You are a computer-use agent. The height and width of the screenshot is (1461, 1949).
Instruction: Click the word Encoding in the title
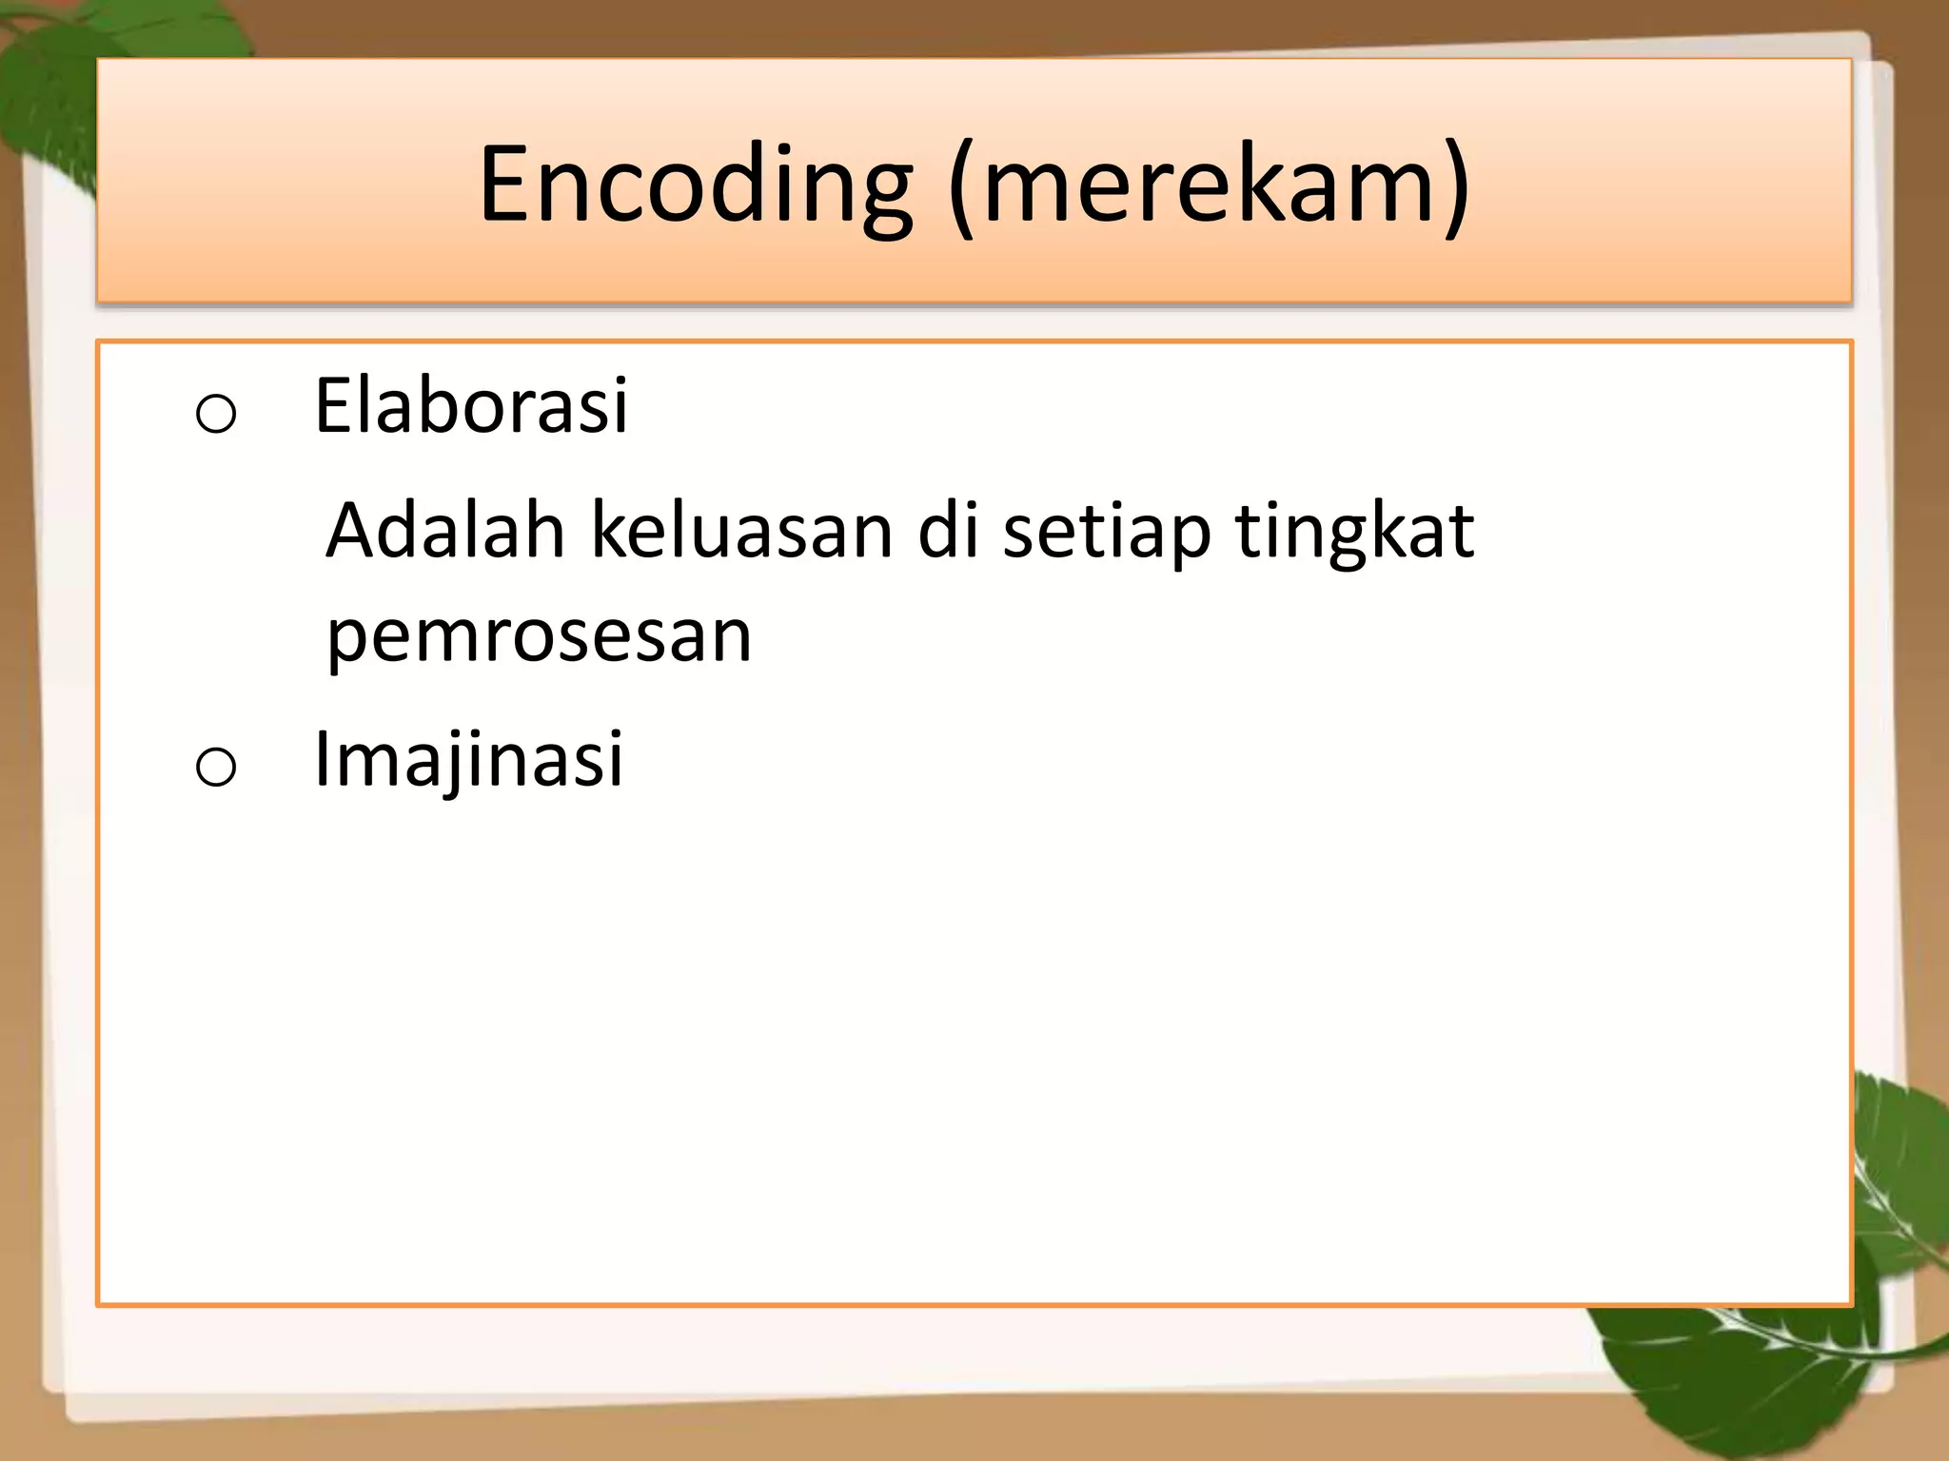pyautogui.click(x=695, y=185)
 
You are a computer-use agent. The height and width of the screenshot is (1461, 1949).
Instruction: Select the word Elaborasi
pyautogui.click(x=471, y=407)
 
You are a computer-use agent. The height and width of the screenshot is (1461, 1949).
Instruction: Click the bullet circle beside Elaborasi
pyautogui.click(x=216, y=414)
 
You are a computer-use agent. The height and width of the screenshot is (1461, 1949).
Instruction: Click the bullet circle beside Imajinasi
pyautogui.click(x=216, y=767)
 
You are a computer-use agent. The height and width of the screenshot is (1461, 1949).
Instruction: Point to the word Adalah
pyautogui.click(x=445, y=531)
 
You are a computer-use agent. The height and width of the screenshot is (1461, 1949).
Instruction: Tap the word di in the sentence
pyautogui.click(x=949, y=531)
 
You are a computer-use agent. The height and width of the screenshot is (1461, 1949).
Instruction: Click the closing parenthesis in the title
pyautogui.click(x=1457, y=187)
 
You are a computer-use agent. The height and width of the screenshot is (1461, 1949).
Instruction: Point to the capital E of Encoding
pyautogui.click(x=504, y=183)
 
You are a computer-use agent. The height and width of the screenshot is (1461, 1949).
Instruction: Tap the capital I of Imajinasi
pyautogui.click(x=322, y=759)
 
